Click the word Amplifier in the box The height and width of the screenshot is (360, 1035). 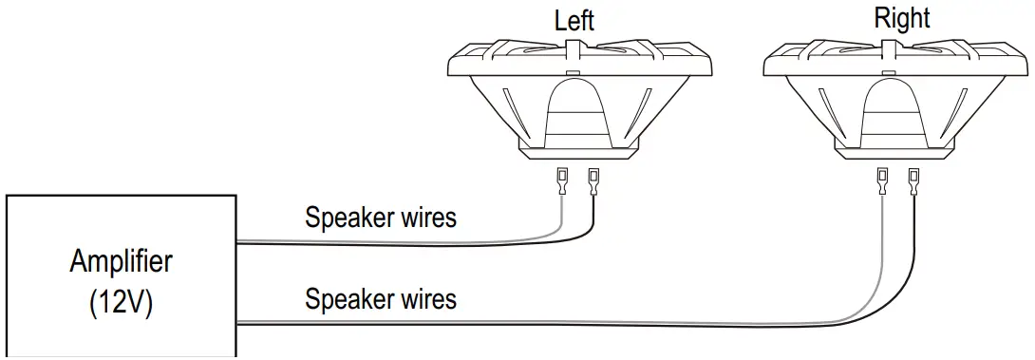[122, 261]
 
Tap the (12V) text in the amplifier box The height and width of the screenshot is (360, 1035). [122, 306]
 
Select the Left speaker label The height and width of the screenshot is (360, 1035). [574, 21]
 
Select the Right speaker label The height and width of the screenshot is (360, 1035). [902, 18]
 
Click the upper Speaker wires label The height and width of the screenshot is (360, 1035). [380, 218]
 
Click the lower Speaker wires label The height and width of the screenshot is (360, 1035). [380, 299]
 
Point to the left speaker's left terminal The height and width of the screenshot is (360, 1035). [563, 179]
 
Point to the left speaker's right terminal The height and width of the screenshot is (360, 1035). [594, 179]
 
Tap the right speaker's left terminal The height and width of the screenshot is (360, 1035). [883, 179]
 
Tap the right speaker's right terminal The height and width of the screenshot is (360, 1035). [914, 179]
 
